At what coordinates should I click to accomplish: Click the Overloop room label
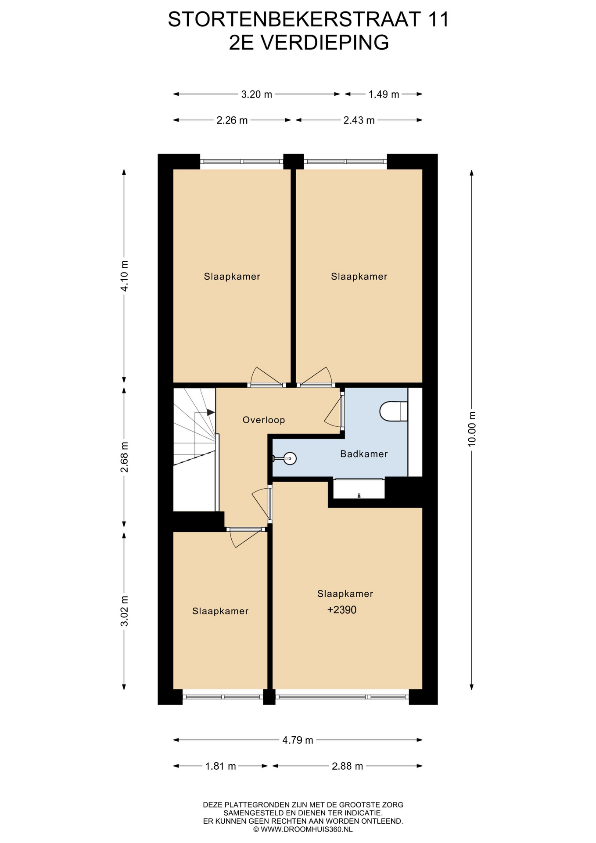click(x=264, y=420)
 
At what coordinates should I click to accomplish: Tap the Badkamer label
click(x=364, y=454)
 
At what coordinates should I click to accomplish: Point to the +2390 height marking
click(x=342, y=610)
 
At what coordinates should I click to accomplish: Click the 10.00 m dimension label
click(x=472, y=429)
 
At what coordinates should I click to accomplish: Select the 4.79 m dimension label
click(x=298, y=740)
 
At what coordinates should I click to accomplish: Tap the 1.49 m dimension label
click(x=384, y=94)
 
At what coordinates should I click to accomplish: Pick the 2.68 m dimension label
click(x=124, y=457)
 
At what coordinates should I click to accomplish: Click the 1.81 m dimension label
click(x=220, y=766)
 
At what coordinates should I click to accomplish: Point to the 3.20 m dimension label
click(x=257, y=94)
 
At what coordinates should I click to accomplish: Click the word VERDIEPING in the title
click(x=325, y=43)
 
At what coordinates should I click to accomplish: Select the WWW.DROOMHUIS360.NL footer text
click(x=307, y=829)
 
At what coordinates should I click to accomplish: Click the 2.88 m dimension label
click(x=347, y=766)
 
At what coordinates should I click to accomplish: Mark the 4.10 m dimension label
click(x=124, y=276)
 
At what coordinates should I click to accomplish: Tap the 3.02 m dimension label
click(x=124, y=611)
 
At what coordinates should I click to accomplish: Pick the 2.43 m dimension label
click(x=359, y=120)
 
